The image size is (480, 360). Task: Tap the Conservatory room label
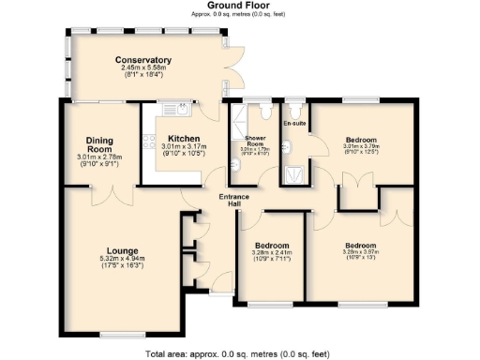point(143,61)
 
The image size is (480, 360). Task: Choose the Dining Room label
point(99,144)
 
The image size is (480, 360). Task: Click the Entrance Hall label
point(233,200)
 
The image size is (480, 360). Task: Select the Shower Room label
point(255,141)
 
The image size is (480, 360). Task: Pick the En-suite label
point(295,123)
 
